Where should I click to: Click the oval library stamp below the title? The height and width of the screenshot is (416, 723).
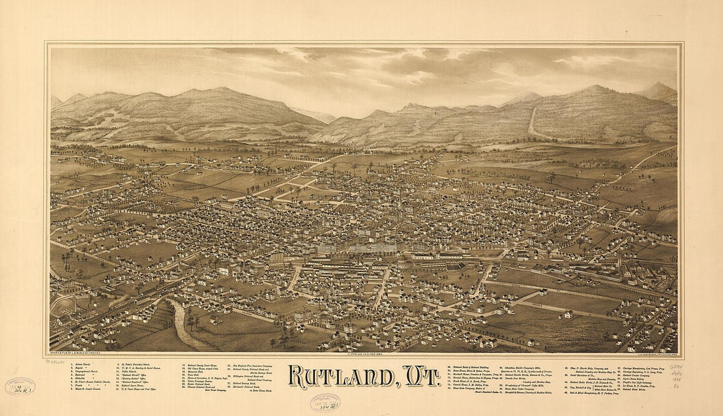pos(325,402)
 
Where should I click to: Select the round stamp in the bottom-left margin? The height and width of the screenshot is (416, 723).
pos(20,386)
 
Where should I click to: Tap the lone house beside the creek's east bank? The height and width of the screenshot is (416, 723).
pos(215,320)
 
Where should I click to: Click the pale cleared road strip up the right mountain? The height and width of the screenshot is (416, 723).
pos(532,123)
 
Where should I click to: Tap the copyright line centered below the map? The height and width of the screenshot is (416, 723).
pos(361,354)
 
